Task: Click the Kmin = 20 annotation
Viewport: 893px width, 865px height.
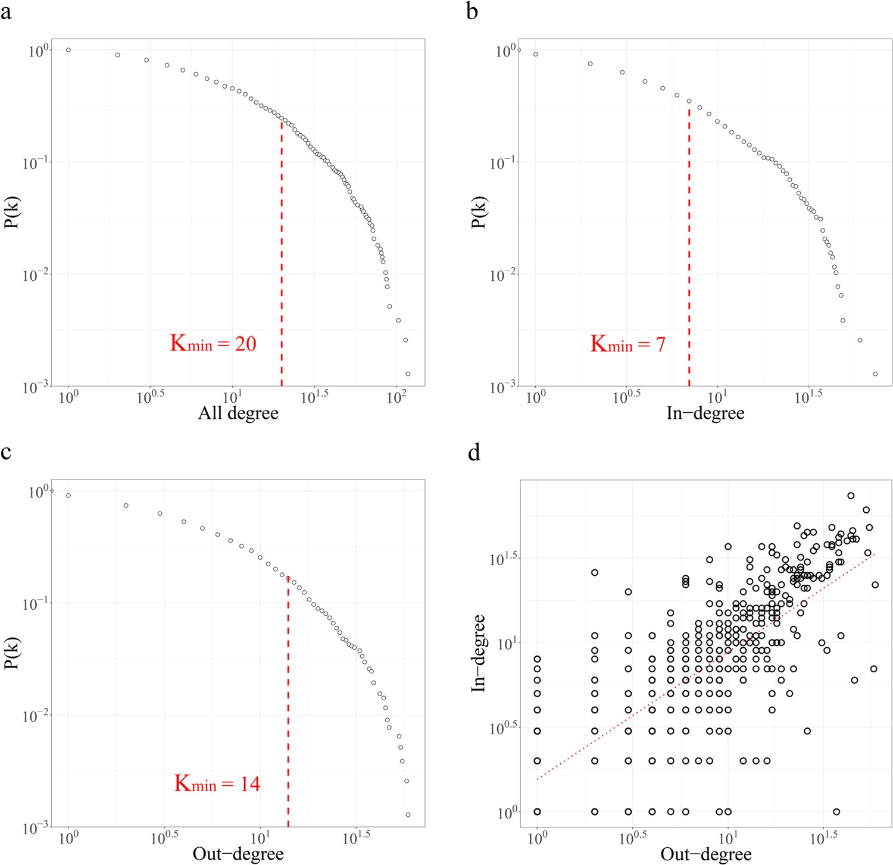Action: click(x=213, y=344)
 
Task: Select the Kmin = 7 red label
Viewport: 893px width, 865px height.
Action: click(x=627, y=344)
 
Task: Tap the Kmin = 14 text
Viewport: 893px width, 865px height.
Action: click(x=217, y=783)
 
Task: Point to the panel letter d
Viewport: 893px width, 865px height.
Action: click(x=474, y=452)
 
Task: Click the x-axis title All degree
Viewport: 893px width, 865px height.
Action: click(x=238, y=413)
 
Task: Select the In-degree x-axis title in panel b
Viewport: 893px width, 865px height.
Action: click(x=705, y=413)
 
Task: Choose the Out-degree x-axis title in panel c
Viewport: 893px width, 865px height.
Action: click(x=238, y=854)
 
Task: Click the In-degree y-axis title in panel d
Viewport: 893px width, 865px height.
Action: click(x=479, y=653)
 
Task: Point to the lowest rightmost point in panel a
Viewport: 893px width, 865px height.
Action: click(x=408, y=374)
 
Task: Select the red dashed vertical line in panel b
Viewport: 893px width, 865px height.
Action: click(x=689, y=250)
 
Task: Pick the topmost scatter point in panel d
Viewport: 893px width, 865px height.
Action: click(x=851, y=496)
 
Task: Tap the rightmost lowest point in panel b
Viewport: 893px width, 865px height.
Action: click(x=875, y=374)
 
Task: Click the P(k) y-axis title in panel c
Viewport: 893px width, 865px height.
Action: click(x=11, y=653)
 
